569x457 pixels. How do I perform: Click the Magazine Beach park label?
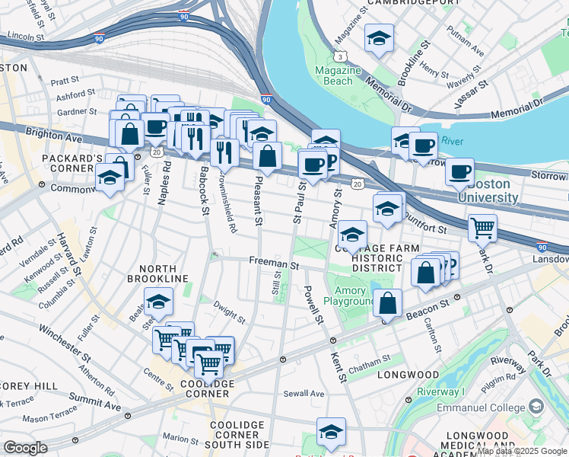[338, 75]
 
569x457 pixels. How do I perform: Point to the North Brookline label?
[158, 274]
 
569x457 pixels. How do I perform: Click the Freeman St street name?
[274, 262]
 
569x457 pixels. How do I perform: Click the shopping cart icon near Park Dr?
[482, 227]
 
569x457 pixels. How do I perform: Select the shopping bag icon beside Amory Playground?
[388, 302]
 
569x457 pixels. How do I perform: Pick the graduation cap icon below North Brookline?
[158, 304]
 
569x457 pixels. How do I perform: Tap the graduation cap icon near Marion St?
[331, 431]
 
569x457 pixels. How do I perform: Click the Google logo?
[25, 448]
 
